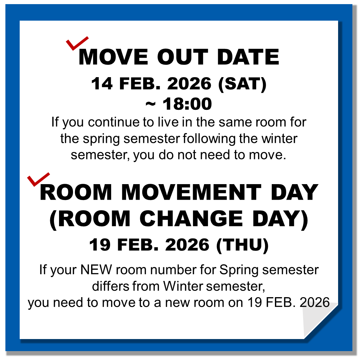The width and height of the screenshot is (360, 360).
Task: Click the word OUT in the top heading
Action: point(183,57)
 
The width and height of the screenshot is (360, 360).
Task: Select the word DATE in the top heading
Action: point(248,57)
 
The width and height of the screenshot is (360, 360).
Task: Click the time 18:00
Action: point(187,104)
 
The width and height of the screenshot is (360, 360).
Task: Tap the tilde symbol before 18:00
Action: point(150,104)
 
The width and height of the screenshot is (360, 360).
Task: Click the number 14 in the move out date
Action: point(102,83)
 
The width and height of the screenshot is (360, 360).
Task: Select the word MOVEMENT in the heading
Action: point(191,192)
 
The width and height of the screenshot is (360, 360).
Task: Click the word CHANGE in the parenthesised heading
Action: point(191,218)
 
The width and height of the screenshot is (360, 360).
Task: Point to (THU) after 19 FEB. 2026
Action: point(243,245)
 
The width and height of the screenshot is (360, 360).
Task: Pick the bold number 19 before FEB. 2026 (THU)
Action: point(100,245)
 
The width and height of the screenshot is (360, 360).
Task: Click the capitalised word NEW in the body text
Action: point(96,270)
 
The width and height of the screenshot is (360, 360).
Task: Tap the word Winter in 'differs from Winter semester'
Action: point(183,286)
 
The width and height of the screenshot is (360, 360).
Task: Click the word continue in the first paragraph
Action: point(114,122)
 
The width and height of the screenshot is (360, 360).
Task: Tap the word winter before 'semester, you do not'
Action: point(279,139)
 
